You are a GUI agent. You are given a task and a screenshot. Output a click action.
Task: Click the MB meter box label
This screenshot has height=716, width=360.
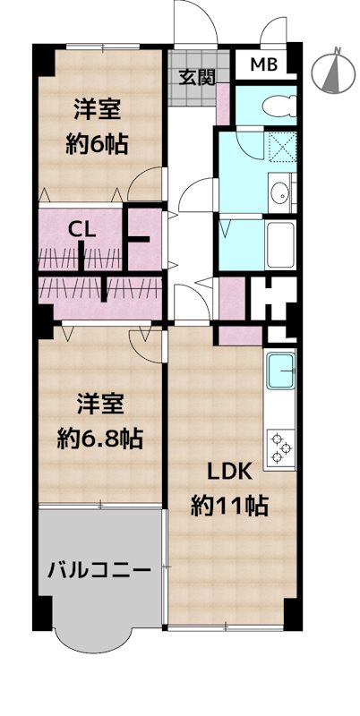coord(263,64)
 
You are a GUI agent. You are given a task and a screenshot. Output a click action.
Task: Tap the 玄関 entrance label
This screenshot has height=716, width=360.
coord(195,76)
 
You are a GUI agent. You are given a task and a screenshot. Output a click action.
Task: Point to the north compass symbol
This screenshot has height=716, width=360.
coord(330,72)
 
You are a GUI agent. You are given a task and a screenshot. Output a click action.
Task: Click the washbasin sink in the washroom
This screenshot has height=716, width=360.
coord(280,189)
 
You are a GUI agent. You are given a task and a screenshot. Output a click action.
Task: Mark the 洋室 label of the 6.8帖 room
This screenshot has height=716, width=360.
coord(97,405)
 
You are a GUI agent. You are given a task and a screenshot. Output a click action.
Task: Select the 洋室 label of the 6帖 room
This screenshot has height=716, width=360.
coord(96,109)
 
